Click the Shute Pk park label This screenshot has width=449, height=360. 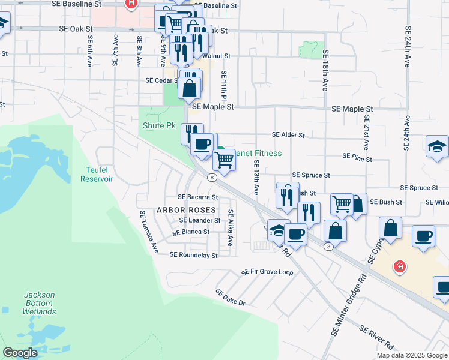click(158, 126)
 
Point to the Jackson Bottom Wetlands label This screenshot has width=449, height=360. click(40, 303)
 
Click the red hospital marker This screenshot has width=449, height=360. click(399, 265)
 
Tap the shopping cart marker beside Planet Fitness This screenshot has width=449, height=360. click(224, 160)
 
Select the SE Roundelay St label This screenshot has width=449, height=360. click(193, 254)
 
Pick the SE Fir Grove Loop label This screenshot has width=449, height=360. click(267, 272)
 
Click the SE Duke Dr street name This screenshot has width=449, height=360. click(231, 297)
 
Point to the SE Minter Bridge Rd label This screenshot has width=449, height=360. click(349, 305)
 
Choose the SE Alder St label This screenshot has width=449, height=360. click(288, 136)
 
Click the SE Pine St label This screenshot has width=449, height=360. click(357, 156)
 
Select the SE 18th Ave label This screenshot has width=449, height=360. click(325, 74)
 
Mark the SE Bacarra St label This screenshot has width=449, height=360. click(197, 197)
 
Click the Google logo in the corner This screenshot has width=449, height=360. click(20, 353)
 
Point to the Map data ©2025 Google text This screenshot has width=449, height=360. click(412, 355)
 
